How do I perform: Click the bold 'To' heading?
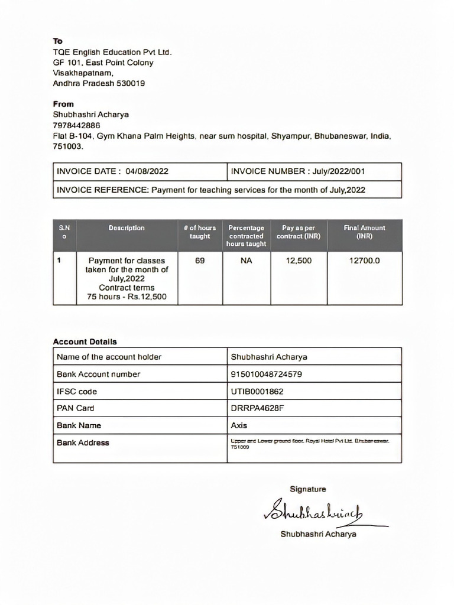(57, 41)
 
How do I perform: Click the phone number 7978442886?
(76, 125)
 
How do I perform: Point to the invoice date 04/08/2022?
(147, 172)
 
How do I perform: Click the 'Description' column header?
(127, 228)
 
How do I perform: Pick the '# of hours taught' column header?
(200, 232)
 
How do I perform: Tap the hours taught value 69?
(200, 260)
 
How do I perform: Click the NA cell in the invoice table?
(247, 260)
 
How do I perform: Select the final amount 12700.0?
(364, 260)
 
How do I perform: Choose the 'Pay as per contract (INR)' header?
(299, 232)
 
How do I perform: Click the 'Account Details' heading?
(85, 341)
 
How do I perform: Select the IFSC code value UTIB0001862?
(257, 391)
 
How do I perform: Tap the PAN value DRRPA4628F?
(254, 408)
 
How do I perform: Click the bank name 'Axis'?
(239, 425)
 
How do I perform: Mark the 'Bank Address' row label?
(83, 443)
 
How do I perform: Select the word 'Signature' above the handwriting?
(307, 489)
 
